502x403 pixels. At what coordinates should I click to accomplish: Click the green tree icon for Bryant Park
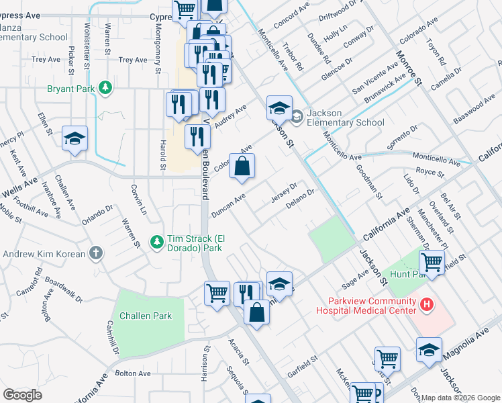pyautogui.click(x=105, y=88)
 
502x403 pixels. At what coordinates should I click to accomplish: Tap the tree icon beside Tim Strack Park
pyautogui.click(x=156, y=240)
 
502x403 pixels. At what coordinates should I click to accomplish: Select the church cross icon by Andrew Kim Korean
pyautogui.click(x=96, y=254)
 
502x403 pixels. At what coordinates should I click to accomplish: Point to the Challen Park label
pyautogui.click(x=146, y=316)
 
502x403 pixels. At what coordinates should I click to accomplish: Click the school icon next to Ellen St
pyautogui.click(x=74, y=138)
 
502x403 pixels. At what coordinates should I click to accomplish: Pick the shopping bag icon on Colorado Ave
pyautogui.click(x=242, y=166)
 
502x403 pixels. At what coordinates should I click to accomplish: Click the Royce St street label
pyautogui.click(x=430, y=173)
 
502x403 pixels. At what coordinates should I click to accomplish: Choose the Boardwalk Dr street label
pyautogui.click(x=67, y=290)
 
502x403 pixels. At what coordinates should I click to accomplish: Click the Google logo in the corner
pyautogui.click(x=22, y=395)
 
